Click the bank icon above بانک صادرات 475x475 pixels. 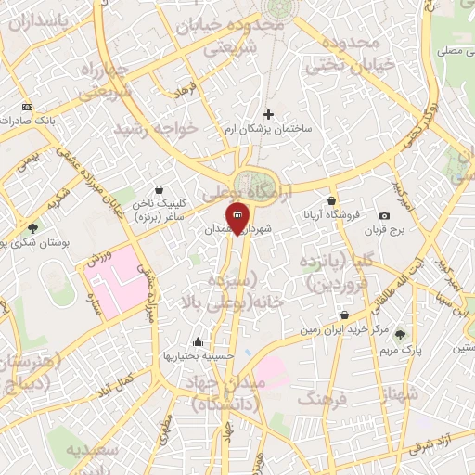click(26, 108)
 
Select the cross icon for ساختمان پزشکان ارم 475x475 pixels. click(269, 115)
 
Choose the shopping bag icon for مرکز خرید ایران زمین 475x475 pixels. click(344, 315)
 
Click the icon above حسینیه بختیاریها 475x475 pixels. click(197, 340)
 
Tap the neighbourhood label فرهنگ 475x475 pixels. click(321, 399)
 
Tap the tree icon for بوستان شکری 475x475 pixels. click(32, 227)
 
